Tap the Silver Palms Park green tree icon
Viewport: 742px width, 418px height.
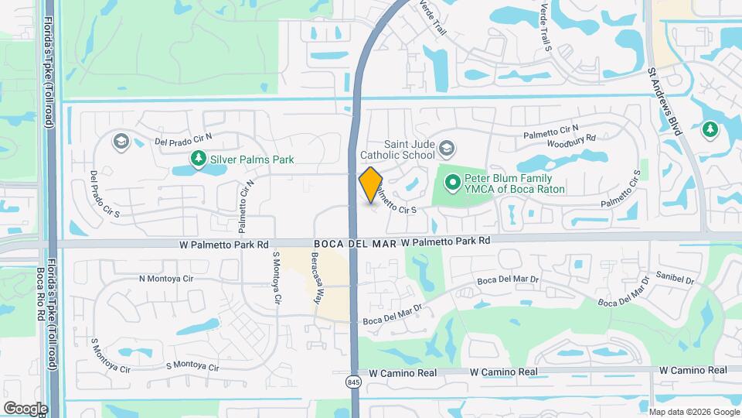click(199, 159)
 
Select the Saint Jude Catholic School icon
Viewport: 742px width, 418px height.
click(447, 148)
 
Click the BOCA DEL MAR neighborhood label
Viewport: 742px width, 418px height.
click(355, 242)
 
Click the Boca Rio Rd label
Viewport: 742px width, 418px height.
click(39, 287)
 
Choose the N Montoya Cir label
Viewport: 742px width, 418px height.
click(164, 279)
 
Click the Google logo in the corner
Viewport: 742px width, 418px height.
click(26, 408)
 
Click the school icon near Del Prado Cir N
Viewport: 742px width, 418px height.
click(120, 141)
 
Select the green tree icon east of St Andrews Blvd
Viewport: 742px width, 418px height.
click(710, 129)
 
